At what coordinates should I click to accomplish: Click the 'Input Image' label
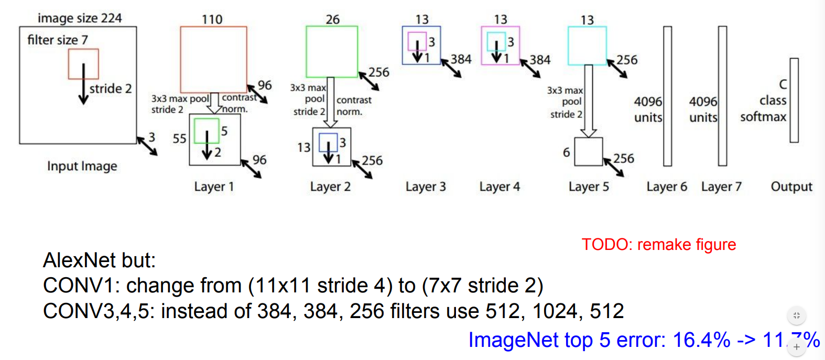[82, 167]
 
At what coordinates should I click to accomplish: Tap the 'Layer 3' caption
[426, 187]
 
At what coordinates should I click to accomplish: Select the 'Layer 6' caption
[667, 187]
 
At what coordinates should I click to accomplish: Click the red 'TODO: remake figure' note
[659, 244]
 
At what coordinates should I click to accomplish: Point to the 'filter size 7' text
[58, 40]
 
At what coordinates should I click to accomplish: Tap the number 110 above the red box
[212, 19]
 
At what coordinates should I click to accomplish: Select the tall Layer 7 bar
[723, 96]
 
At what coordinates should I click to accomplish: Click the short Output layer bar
[794, 100]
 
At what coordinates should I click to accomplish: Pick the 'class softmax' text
[764, 108]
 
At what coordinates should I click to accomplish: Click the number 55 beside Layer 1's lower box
[179, 139]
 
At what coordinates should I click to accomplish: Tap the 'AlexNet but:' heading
[100, 260]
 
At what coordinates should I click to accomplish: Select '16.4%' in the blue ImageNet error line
[701, 340]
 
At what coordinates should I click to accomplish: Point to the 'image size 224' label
[80, 18]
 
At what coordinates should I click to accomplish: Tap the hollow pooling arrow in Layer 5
[589, 101]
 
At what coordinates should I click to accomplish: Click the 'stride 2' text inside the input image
[111, 89]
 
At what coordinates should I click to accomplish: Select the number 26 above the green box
[333, 19]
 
